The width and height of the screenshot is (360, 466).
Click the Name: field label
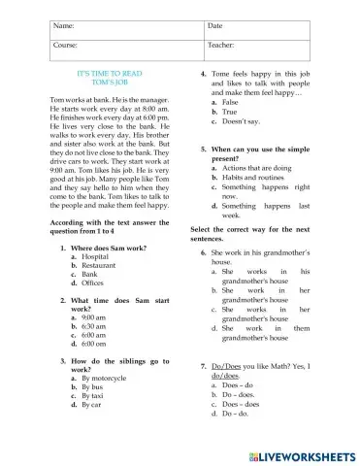coord(65,25)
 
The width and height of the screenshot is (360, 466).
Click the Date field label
coord(215,25)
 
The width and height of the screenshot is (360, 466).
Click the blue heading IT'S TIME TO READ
coord(110,74)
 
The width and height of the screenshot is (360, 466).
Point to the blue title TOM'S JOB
coord(110,83)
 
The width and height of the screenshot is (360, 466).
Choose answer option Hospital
coord(96,256)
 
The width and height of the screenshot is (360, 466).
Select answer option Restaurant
coord(100,265)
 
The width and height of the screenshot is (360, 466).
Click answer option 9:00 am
coord(94,317)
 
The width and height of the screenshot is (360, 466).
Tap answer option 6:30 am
coord(94,326)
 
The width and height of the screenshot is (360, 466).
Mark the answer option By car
coord(94,405)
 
